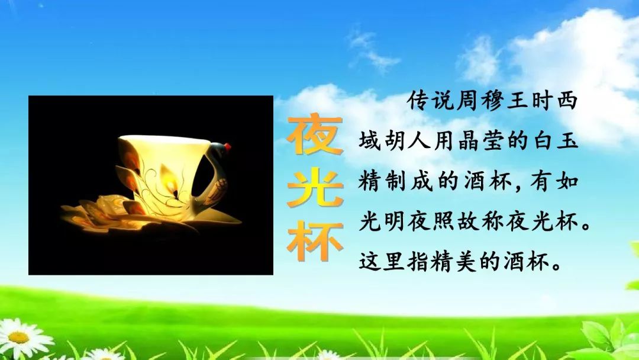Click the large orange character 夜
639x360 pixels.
coord(315,135)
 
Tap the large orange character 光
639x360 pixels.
coord(315,188)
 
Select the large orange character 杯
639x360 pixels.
coord(315,242)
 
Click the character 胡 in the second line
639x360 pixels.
coord(395,141)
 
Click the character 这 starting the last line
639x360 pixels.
coord(370,261)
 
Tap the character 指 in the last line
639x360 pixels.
coord(419,261)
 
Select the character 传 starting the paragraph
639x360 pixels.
coord(419,101)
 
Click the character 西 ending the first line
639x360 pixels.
coord(567,101)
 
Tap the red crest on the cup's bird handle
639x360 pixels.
coord(227,147)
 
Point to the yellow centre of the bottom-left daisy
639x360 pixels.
coord(18,337)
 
